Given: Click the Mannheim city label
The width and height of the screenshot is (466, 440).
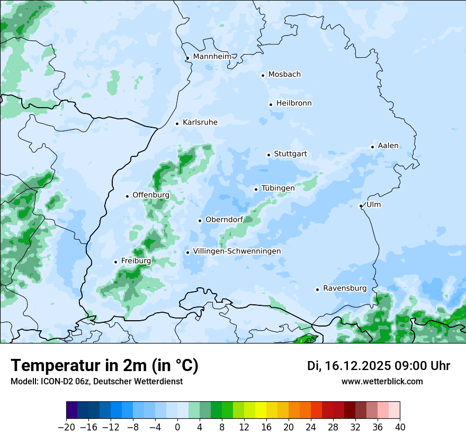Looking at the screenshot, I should [x=212, y=57].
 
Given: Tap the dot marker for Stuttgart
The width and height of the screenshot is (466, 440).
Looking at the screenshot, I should [x=268, y=155].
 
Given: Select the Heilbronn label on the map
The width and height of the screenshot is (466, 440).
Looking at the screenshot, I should [x=294, y=103].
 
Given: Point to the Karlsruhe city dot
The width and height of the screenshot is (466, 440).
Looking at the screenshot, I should [x=177, y=124].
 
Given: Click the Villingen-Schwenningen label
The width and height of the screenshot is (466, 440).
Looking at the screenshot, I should [x=237, y=251].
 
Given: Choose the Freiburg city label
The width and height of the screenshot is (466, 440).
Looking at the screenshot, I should [x=136, y=261].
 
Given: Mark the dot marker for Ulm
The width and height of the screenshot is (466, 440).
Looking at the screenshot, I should [x=361, y=206].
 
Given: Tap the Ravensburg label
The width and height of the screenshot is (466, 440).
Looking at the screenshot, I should [x=344, y=288].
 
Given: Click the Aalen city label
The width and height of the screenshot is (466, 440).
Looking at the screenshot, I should [x=388, y=146].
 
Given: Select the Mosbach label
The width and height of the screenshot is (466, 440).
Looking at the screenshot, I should [x=284, y=75].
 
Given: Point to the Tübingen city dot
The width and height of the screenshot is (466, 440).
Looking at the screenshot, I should [x=256, y=189].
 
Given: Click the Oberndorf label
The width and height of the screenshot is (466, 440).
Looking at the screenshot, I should [x=224, y=220].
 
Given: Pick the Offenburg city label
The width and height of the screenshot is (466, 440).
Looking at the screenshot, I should [x=151, y=195].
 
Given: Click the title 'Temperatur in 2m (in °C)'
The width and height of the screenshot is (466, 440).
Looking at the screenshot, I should [x=104, y=366].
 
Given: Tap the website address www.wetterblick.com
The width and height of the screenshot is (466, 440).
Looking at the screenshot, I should [x=382, y=382].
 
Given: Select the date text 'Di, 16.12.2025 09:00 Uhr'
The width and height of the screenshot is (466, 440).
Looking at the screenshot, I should [x=378, y=366].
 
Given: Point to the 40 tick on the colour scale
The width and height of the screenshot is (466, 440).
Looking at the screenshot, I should [x=400, y=427].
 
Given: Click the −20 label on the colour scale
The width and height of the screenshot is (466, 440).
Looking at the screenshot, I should [x=66, y=427].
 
